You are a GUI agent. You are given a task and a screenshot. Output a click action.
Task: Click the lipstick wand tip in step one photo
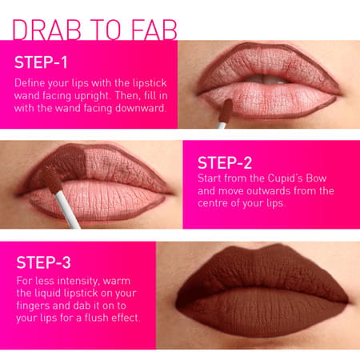click(226, 108)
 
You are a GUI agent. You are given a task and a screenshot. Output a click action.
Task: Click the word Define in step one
click(33, 82)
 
